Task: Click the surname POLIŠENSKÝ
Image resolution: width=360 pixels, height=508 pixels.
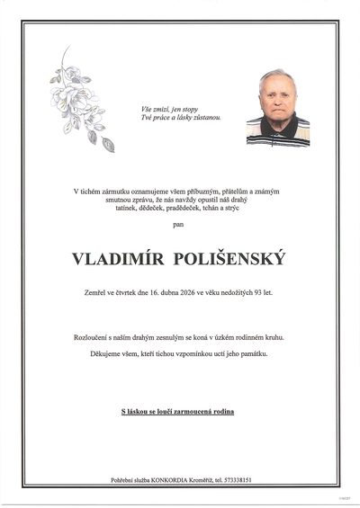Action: pos(232,258)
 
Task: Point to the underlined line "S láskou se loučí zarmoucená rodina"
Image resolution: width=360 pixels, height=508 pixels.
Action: pos(179,411)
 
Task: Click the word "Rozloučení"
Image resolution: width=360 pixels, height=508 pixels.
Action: pos(94,336)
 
